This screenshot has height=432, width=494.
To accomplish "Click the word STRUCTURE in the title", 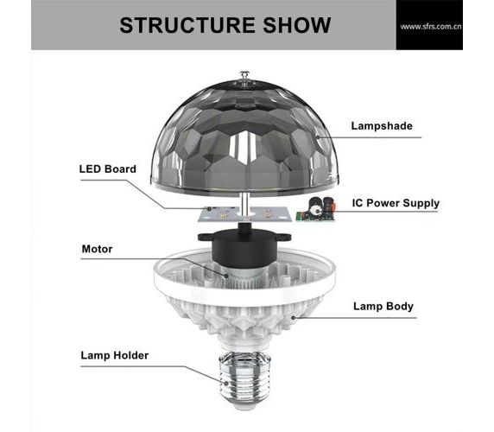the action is point(187,25).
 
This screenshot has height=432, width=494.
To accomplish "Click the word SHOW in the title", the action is point(297,25).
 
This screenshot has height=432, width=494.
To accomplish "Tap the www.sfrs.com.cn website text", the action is point(431,27).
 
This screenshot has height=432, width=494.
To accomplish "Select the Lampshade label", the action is point(382,126).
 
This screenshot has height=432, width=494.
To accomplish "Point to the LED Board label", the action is point(108,168).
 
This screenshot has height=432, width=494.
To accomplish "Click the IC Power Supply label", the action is point(396,203).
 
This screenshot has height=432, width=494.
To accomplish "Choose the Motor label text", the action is point(97,249).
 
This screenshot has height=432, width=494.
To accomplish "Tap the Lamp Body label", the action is point(383,306).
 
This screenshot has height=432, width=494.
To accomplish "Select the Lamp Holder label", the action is point(114,355).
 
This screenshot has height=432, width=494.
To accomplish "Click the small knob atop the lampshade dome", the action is point(244,76).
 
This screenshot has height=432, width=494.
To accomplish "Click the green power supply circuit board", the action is point(315,209).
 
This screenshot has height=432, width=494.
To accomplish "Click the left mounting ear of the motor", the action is point(205,237).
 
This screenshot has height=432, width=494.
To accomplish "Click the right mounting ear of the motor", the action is point(282,237).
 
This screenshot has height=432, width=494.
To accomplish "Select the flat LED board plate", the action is point(244,214).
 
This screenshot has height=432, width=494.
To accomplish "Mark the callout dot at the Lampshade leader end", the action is point(318,137).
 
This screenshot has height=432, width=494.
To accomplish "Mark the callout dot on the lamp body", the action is point(294,318).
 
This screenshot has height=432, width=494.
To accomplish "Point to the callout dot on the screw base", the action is point(226,383).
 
